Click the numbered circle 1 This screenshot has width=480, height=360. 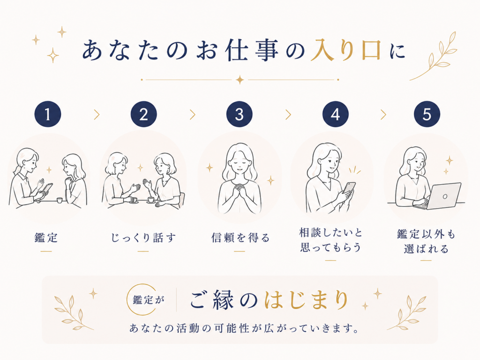pyautogui.click(x=48, y=114)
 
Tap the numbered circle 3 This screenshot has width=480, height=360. pyautogui.click(x=240, y=114)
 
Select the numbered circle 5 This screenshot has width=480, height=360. pyautogui.click(x=427, y=114)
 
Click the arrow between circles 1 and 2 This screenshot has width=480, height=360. pyautogui.click(x=97, y=114)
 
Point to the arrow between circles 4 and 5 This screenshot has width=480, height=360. pyautogui.click(x=383, y=114)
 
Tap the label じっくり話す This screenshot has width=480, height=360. pyautogui.click(x=143, y=238)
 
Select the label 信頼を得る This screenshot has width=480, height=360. pyautogui.click(x=240, y=238)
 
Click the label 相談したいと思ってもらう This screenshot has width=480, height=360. pyautogui.click(x=330, y=240)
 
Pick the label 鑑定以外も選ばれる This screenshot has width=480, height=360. pyautogui.click(x=426, y=241)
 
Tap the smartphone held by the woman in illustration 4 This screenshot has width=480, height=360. pyautogui.click(x=349, y=189)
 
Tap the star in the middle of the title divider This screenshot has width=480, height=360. pyautogui.click(x=240, y=80)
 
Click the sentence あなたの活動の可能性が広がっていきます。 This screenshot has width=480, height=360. pyautogui.click(x=244, y=328)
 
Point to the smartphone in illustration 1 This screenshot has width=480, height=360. pyautogui.click(x=46, y=189)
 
